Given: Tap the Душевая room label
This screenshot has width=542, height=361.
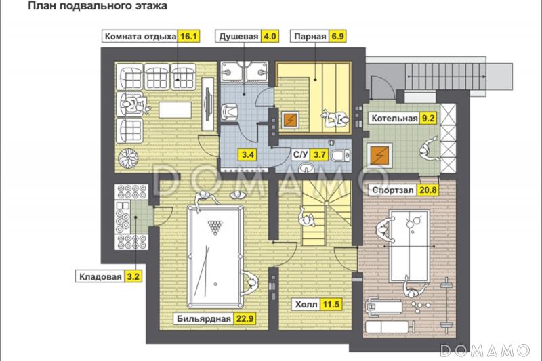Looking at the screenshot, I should [238, 37].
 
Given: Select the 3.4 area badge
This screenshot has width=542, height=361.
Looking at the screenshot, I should [248, 154].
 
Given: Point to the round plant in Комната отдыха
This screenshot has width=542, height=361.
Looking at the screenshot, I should [128, 158].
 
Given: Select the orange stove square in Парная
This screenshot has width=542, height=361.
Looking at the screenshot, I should [290, 121].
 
